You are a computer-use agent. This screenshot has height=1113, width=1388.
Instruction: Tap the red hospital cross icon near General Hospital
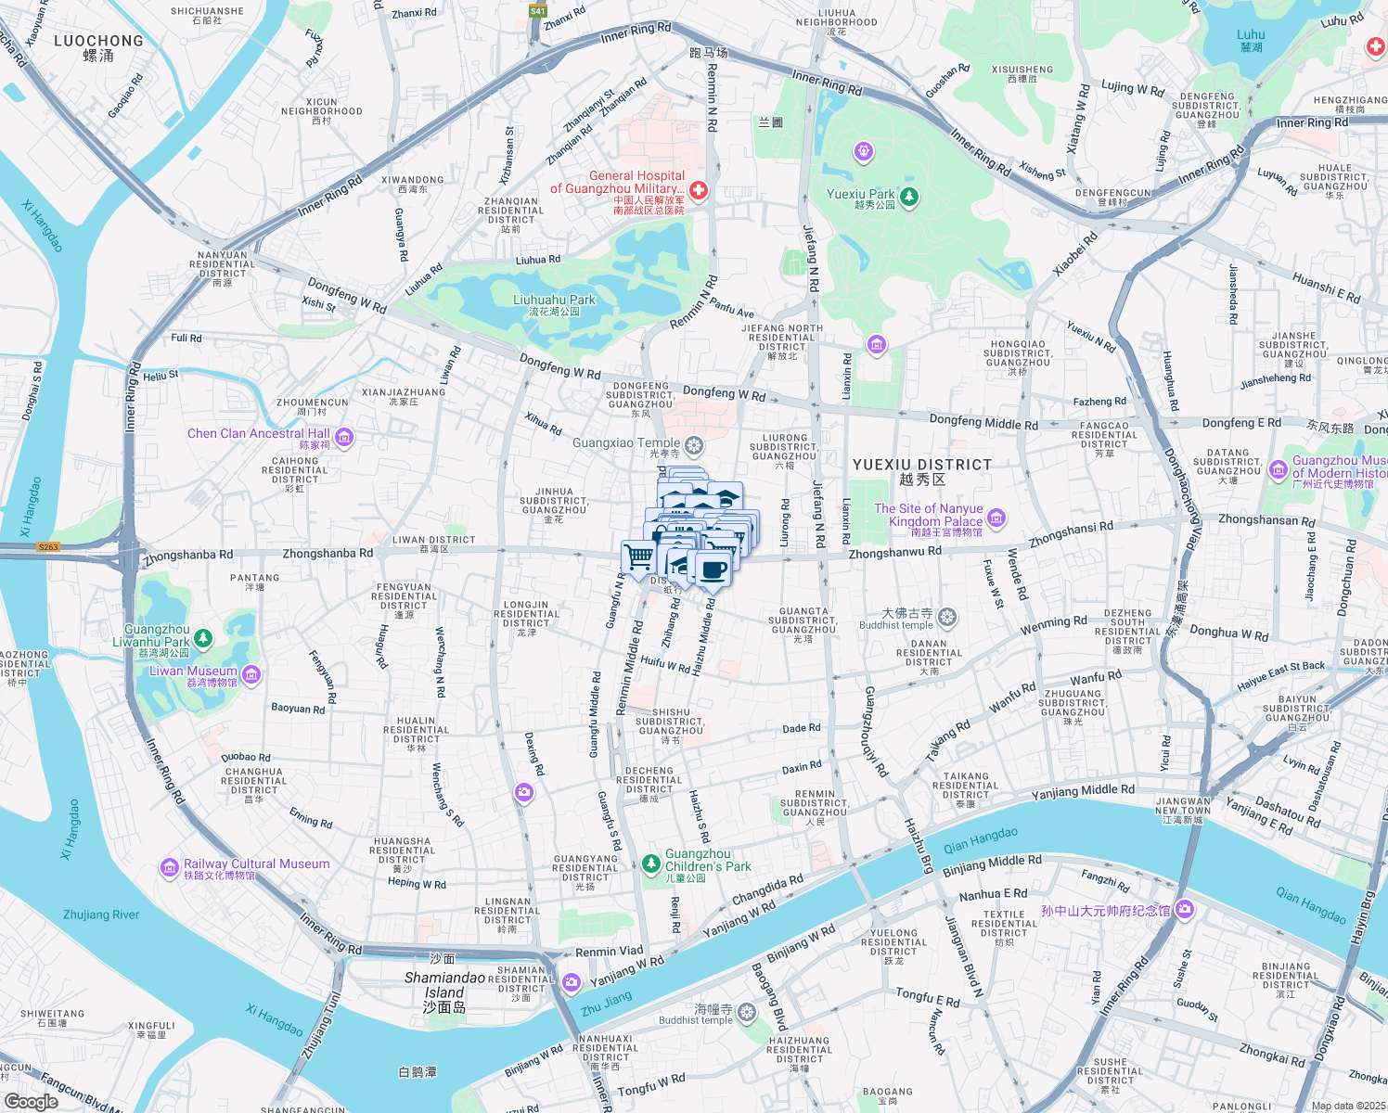click(x=699, y=190)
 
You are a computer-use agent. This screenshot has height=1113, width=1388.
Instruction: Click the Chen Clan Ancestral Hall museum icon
click(x=344, y=437)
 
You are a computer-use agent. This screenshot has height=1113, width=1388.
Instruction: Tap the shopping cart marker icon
click(x=639, y=557)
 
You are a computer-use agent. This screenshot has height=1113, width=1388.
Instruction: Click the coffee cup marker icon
click(x=713, y=569)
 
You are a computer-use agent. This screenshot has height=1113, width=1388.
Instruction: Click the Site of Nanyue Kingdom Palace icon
click(x=996, y=517)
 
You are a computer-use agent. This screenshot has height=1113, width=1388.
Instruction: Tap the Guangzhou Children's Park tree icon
click(x=651, y=864)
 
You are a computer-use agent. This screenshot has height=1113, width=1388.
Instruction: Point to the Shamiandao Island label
click(x=444, y=985)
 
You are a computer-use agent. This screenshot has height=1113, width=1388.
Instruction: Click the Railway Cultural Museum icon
click(x=169, y=867)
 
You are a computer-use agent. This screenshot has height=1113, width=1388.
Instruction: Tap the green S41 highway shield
click(x=538, y=11)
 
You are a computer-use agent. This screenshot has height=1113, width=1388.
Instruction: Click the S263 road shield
click(x=48, y=547)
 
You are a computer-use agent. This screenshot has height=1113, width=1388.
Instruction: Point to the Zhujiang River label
click(x=101, y=915)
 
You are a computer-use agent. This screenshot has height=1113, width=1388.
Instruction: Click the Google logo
click(x=31, y=1101)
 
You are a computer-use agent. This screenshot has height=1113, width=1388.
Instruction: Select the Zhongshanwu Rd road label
click(x=894, y=552)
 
